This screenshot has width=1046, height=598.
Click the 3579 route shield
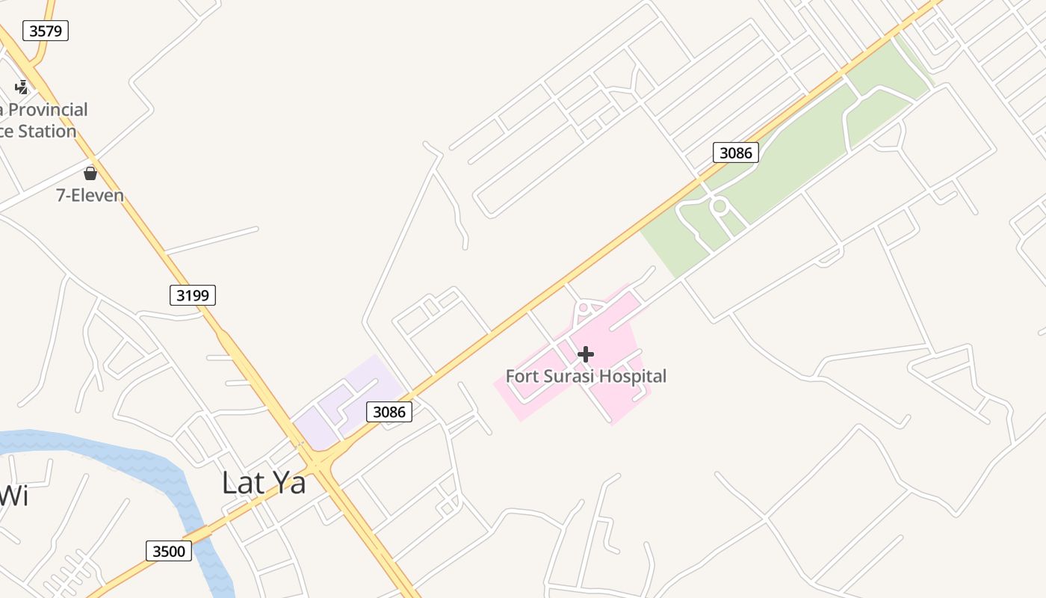point(46,31)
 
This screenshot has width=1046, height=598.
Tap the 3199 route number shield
point(192,295)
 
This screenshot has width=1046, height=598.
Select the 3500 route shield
point(168,552)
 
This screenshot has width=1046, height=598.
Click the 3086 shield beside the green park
point(735,152)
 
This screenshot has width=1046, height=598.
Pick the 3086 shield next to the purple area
point(389,411)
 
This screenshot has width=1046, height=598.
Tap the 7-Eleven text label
point(90,196)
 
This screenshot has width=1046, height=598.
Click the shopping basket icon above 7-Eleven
point(90,174)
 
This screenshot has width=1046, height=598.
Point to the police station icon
point(22,87)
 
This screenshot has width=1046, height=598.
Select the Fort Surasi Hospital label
point(586,376)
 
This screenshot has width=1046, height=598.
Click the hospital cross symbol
point(586,354)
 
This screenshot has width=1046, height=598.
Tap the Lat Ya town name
point(264,483)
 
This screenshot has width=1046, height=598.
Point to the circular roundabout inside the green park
point(719,206)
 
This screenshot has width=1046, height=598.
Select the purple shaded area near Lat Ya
point(351,396)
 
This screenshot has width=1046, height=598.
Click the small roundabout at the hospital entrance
point(584,307)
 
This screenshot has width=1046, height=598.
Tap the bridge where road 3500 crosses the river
point(200,531)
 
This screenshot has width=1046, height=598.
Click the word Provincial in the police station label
point(48,110)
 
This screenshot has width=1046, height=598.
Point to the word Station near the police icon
point(46,132)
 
